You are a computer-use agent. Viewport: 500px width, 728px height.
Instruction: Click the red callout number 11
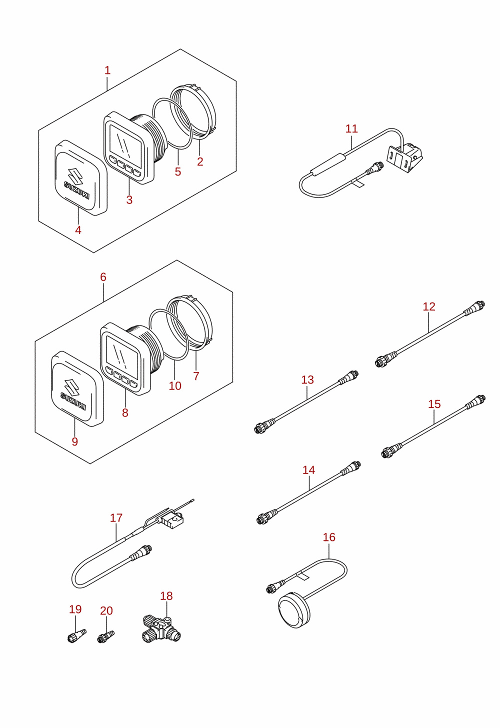click(x=351, y=128)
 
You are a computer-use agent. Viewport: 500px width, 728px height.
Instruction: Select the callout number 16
click(x=329, y=537)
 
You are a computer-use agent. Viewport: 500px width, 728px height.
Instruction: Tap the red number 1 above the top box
click(x=107, y=70)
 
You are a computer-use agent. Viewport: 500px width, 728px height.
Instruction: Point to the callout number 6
click(x=103, y=277)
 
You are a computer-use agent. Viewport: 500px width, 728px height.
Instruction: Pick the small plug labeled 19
click(x=77, y=635)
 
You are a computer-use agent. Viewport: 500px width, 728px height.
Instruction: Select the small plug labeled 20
click(x=106, y=636)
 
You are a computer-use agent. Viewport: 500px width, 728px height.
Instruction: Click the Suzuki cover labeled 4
click(x=81, y=178)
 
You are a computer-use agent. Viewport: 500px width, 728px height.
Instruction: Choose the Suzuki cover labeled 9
click(x=77, y=388)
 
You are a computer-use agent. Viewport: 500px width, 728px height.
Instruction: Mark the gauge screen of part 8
click(x=122, y=352)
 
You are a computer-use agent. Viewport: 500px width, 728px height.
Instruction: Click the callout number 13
click(x=307, y=379)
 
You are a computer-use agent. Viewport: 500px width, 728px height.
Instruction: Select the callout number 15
click(x=434, y=404)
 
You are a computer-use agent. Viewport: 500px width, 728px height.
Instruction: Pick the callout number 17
click(x=116, y=517)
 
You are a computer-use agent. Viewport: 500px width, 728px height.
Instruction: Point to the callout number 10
click(x=175, y=386)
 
